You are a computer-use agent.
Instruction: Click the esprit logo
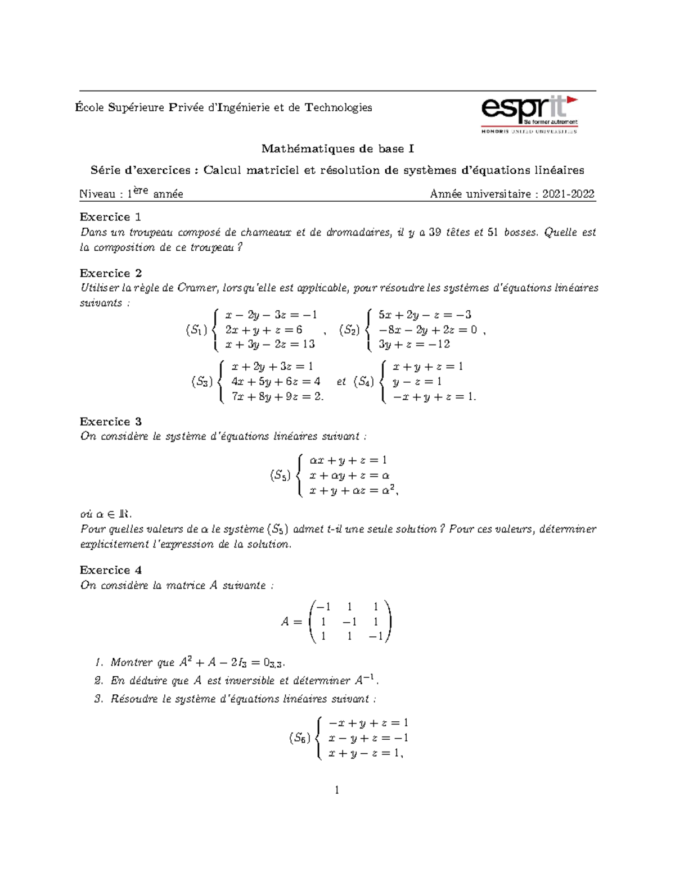529,114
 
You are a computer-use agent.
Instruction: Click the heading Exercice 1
110,217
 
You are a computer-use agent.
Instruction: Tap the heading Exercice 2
111,273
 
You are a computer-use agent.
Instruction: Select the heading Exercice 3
111,422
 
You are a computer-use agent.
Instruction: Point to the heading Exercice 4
111,570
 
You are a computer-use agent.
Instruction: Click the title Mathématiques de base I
337,149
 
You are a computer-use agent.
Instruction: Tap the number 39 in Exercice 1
435,232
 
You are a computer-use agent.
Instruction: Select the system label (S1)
197,330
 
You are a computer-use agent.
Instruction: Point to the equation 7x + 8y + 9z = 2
277,396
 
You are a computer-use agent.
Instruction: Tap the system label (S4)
363,382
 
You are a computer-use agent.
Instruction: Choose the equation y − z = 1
417,382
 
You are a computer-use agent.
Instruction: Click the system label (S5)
280,476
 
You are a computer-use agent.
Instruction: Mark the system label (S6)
299,738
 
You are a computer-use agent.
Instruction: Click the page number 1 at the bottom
337,790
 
